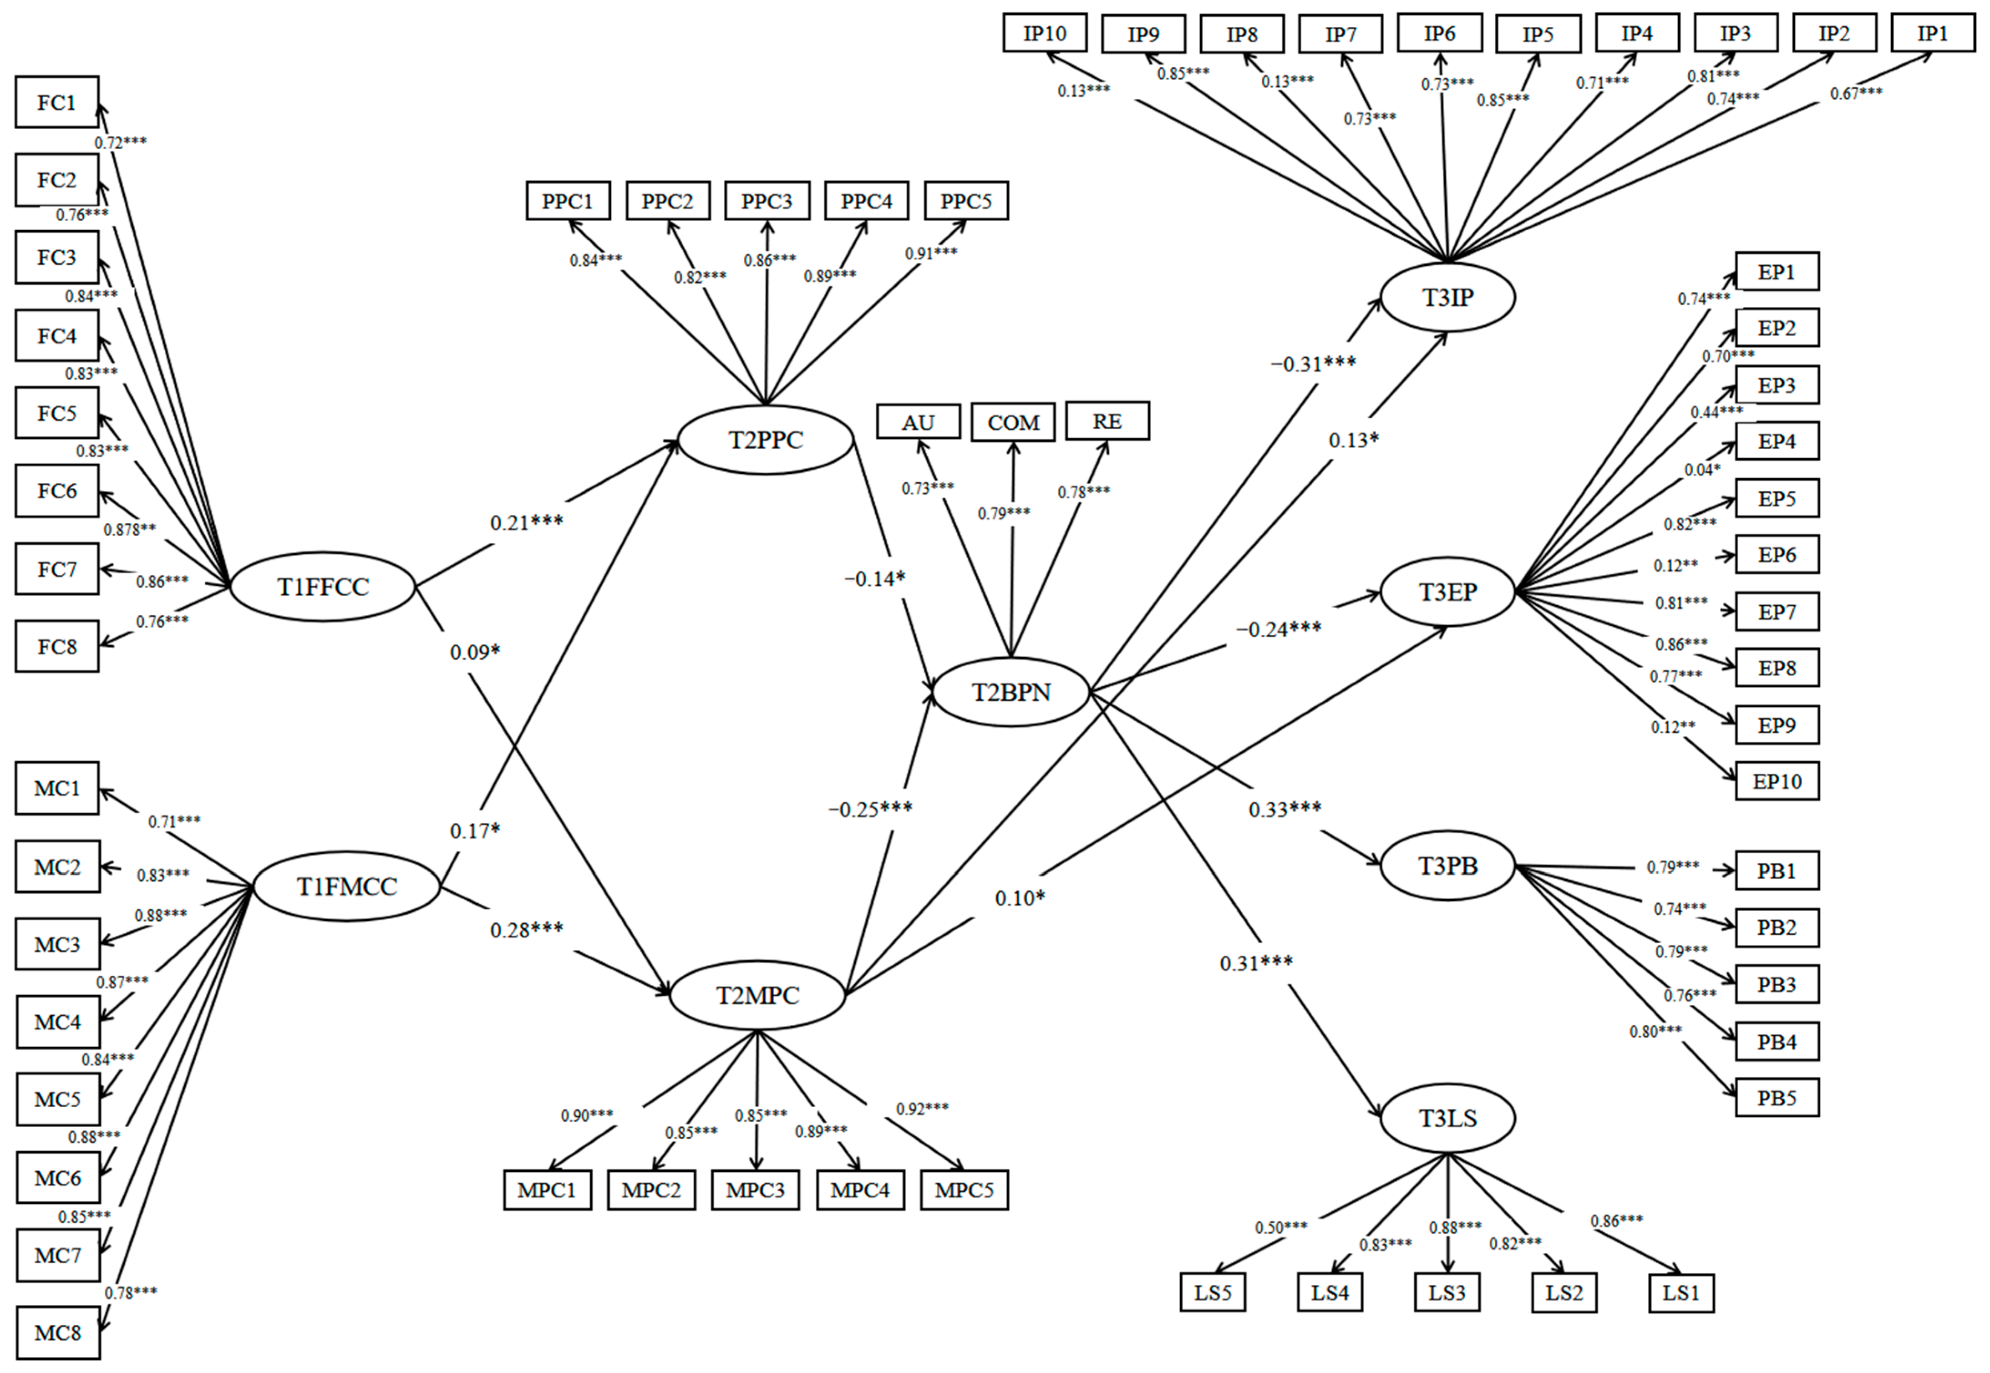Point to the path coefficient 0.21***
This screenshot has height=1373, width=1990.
click(527, 522)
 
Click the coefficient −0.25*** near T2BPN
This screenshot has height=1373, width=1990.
click(870, 809)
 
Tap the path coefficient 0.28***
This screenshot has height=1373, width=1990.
click(527, 929)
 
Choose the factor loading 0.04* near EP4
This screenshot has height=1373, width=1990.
click(1702, 470)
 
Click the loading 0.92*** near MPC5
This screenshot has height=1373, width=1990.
click(922, 1108)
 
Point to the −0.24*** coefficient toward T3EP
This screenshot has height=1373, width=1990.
click(1279, 629)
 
